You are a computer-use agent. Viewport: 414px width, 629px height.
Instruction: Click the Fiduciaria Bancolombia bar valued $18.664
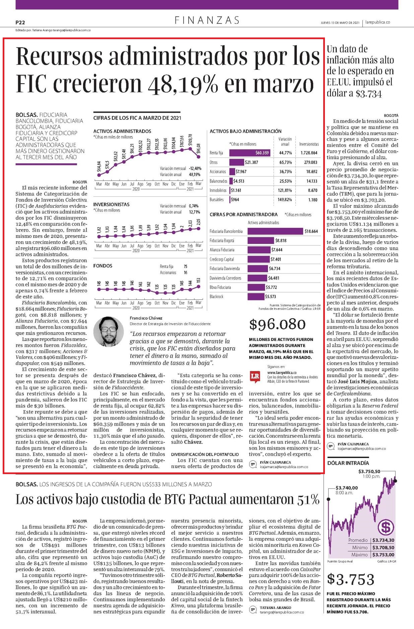pos(275,231)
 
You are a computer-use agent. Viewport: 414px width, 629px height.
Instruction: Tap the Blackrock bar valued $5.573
pos(256,296)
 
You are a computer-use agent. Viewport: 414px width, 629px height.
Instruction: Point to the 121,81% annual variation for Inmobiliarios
pos(285,190)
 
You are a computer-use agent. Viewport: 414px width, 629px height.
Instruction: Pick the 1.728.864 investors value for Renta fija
pos(309,153)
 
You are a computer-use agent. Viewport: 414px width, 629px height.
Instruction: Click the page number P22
pos(20,23)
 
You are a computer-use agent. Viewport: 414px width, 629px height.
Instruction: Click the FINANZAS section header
pos(207,20)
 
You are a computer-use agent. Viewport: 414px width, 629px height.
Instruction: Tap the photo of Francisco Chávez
pos(108,331)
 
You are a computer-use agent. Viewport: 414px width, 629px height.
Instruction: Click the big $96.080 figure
pos(277,324)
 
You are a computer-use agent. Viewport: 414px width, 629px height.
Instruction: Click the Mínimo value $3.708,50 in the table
pos(383,547)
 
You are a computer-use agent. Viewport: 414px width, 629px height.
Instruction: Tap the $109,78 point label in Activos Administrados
pos(191,140)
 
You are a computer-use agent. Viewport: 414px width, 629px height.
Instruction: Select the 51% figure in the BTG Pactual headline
pos(308,499)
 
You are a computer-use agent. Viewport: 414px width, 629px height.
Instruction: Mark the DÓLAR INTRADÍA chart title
pos(348,463)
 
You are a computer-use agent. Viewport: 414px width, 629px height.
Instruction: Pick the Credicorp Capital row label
pos(222,259)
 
